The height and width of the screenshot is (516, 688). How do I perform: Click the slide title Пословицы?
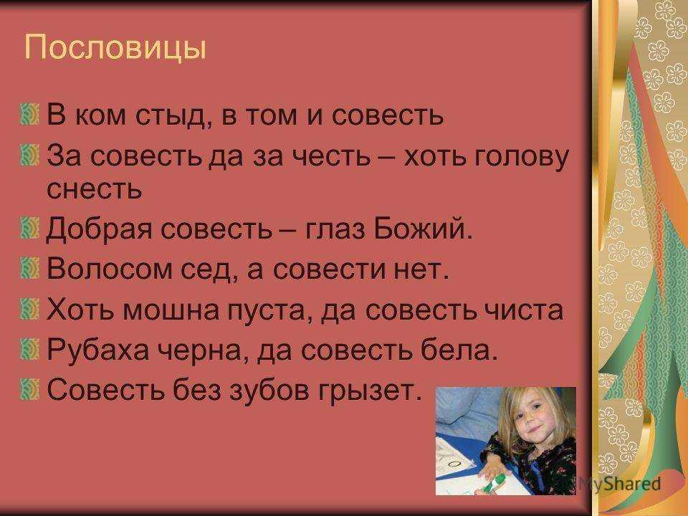pyautogui.click(x=115, y=47)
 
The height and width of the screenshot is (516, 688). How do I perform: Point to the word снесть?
pyautogui.click(x=95, y=188)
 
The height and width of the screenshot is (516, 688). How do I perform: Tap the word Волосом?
pyautogui.click(x=109, y=268)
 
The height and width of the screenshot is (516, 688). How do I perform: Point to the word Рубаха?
pyautogui.click(x=98, y=350)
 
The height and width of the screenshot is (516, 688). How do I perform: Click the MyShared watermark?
pyautogui.click(x=619, y=484)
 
